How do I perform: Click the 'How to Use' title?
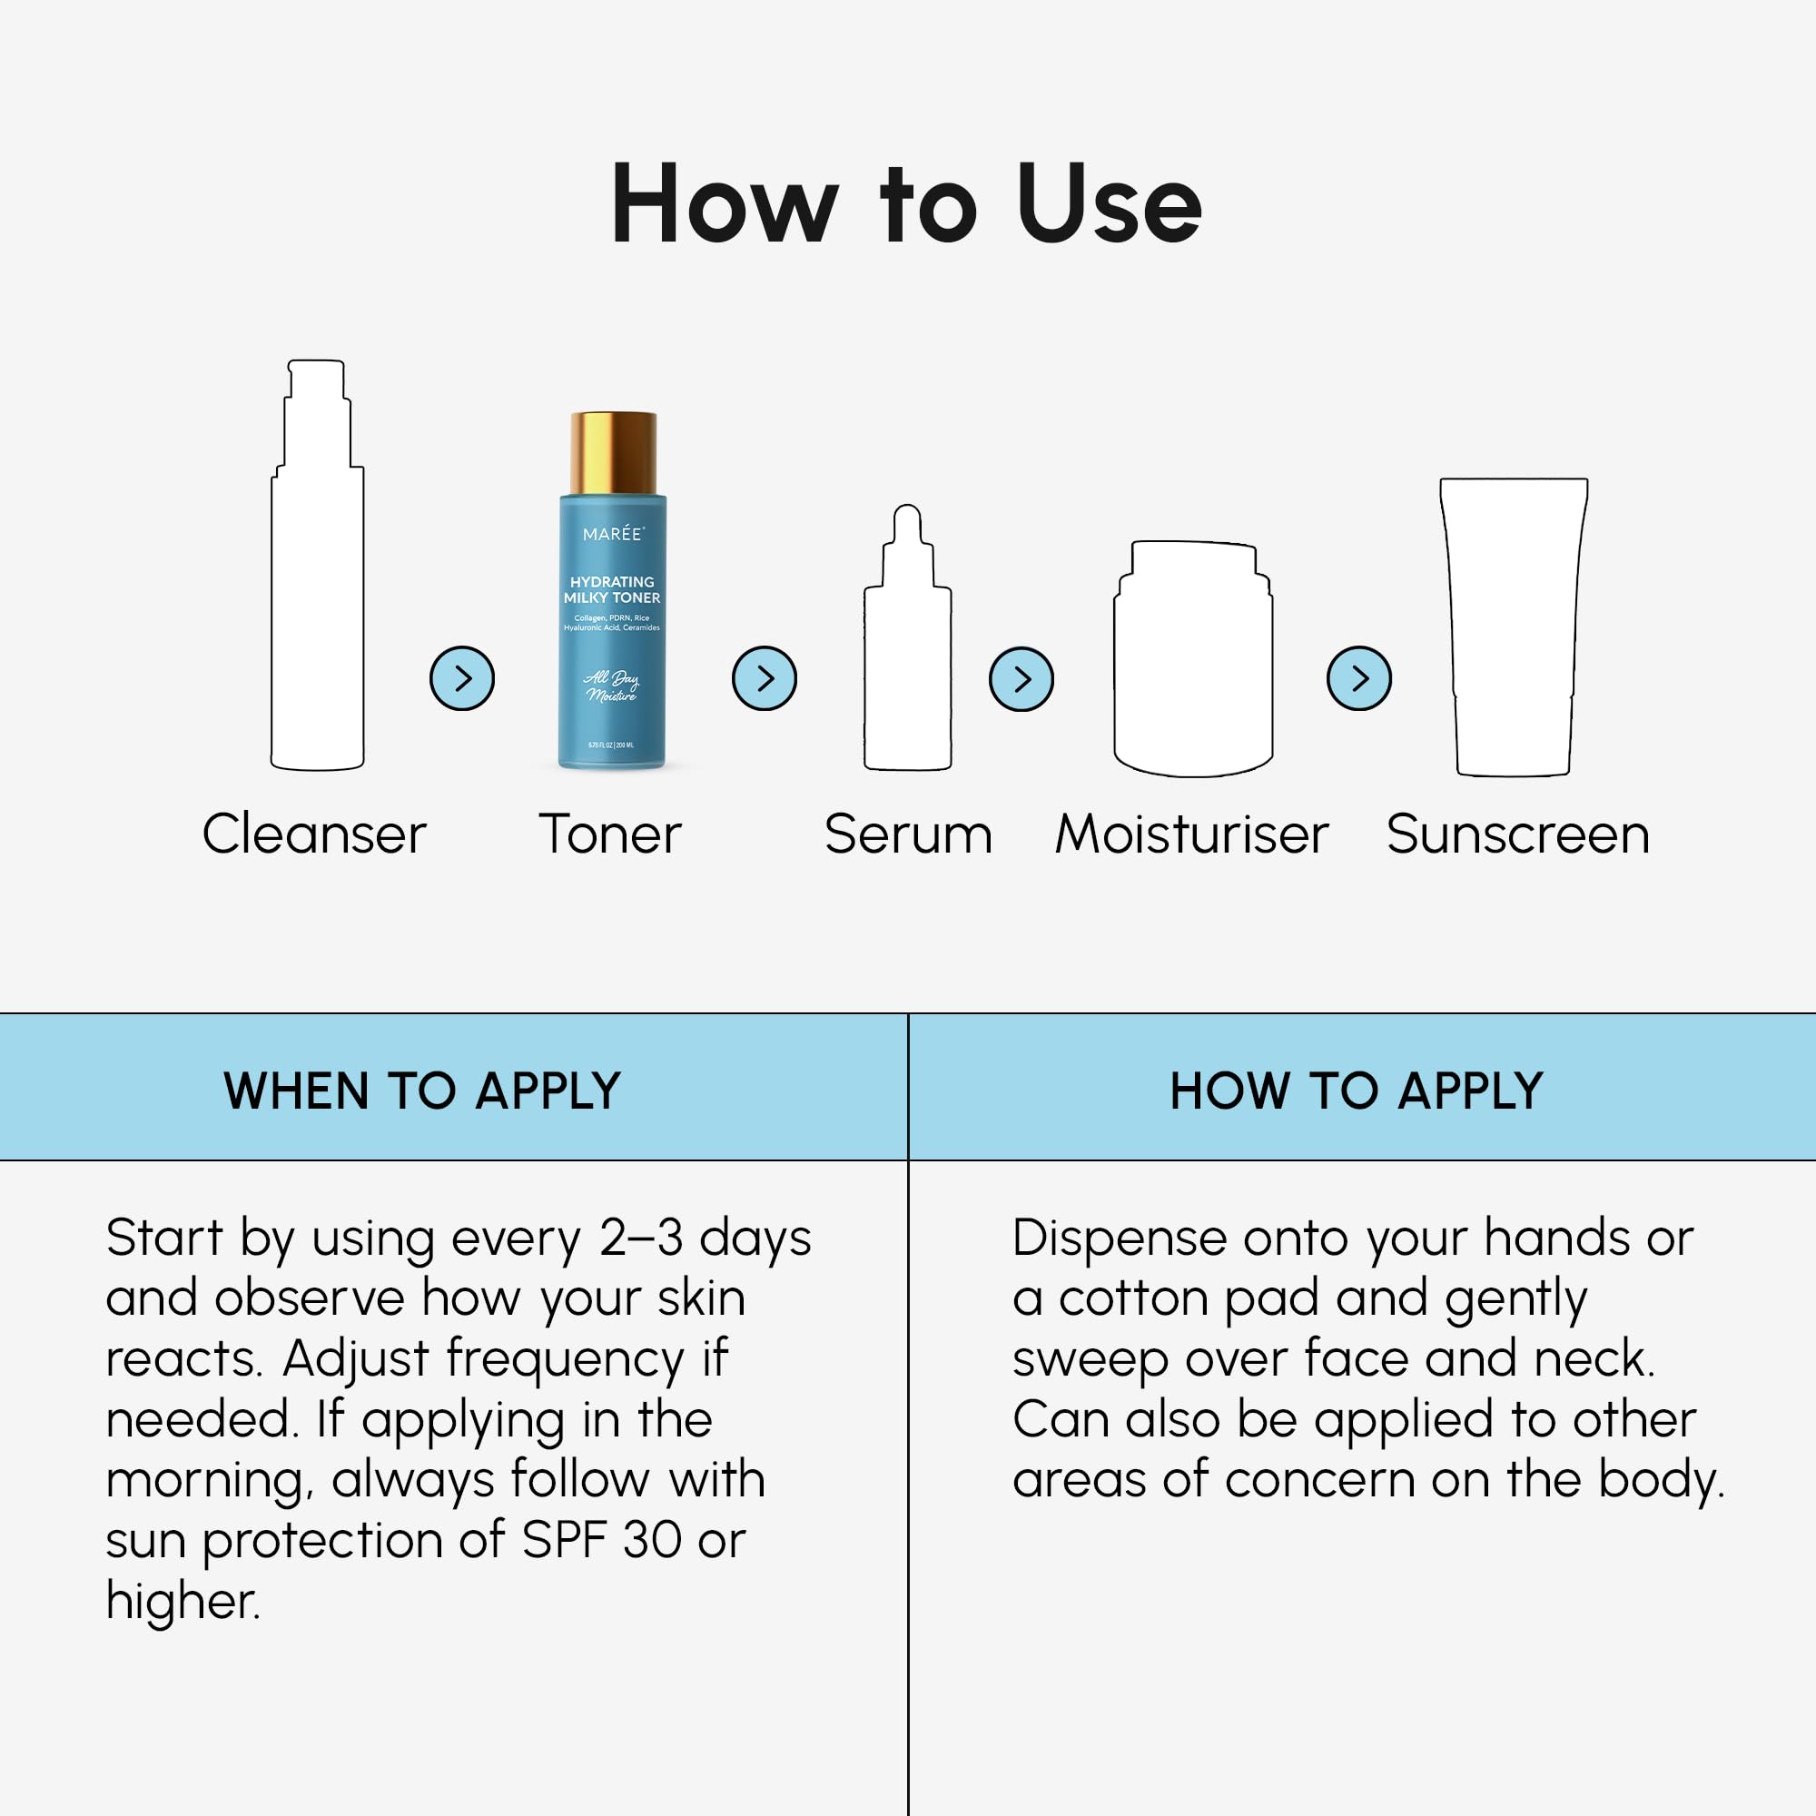906,204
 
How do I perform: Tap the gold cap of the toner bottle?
613,452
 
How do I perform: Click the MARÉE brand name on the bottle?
613,534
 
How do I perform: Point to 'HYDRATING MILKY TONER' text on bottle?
612,589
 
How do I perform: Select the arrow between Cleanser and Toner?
461,677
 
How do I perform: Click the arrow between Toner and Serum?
765,677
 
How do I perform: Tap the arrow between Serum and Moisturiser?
1021,678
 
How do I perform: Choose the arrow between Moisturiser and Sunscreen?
1358,677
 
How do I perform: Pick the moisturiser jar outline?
1193,667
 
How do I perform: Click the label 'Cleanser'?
314,834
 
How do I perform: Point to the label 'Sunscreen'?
1517,834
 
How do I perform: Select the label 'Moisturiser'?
1191,834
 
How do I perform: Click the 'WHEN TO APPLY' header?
422,1091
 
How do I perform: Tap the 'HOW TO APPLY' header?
1356,1091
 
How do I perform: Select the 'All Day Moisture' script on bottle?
611,686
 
